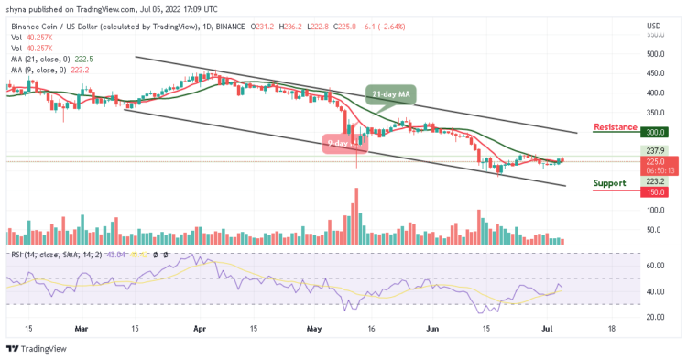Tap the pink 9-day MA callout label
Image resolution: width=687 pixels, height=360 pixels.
point(343,143)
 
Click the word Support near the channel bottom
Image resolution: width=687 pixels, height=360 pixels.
point(610,183)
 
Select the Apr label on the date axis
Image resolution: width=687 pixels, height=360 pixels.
point(199,328)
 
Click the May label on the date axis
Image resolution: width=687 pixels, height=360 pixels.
point(314,328)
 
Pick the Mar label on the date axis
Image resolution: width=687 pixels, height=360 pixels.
point(81,328)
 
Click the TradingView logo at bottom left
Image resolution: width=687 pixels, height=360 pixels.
point(36,348)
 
